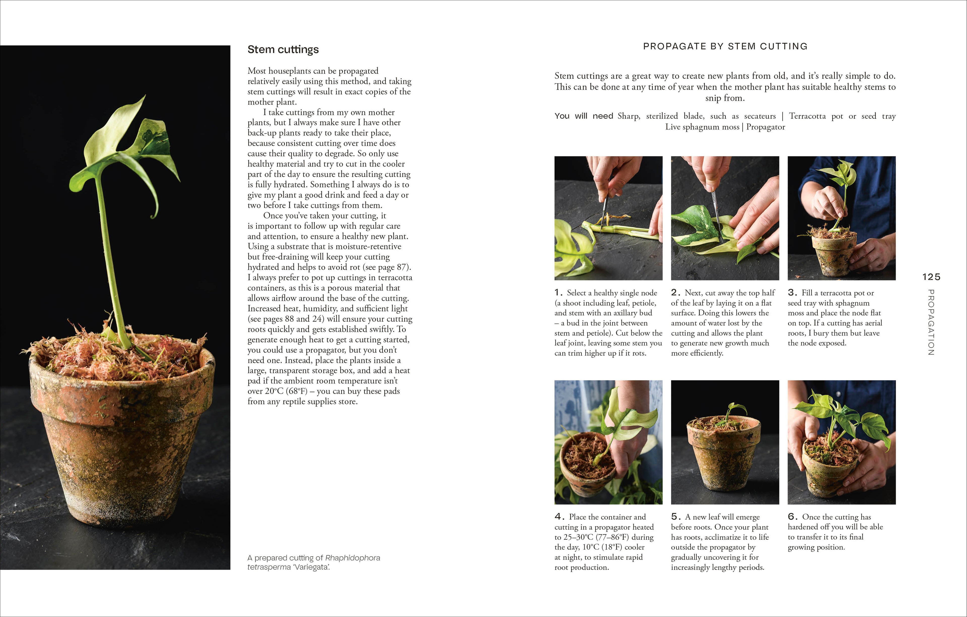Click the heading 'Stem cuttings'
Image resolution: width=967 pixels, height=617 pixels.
pos(283,49)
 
